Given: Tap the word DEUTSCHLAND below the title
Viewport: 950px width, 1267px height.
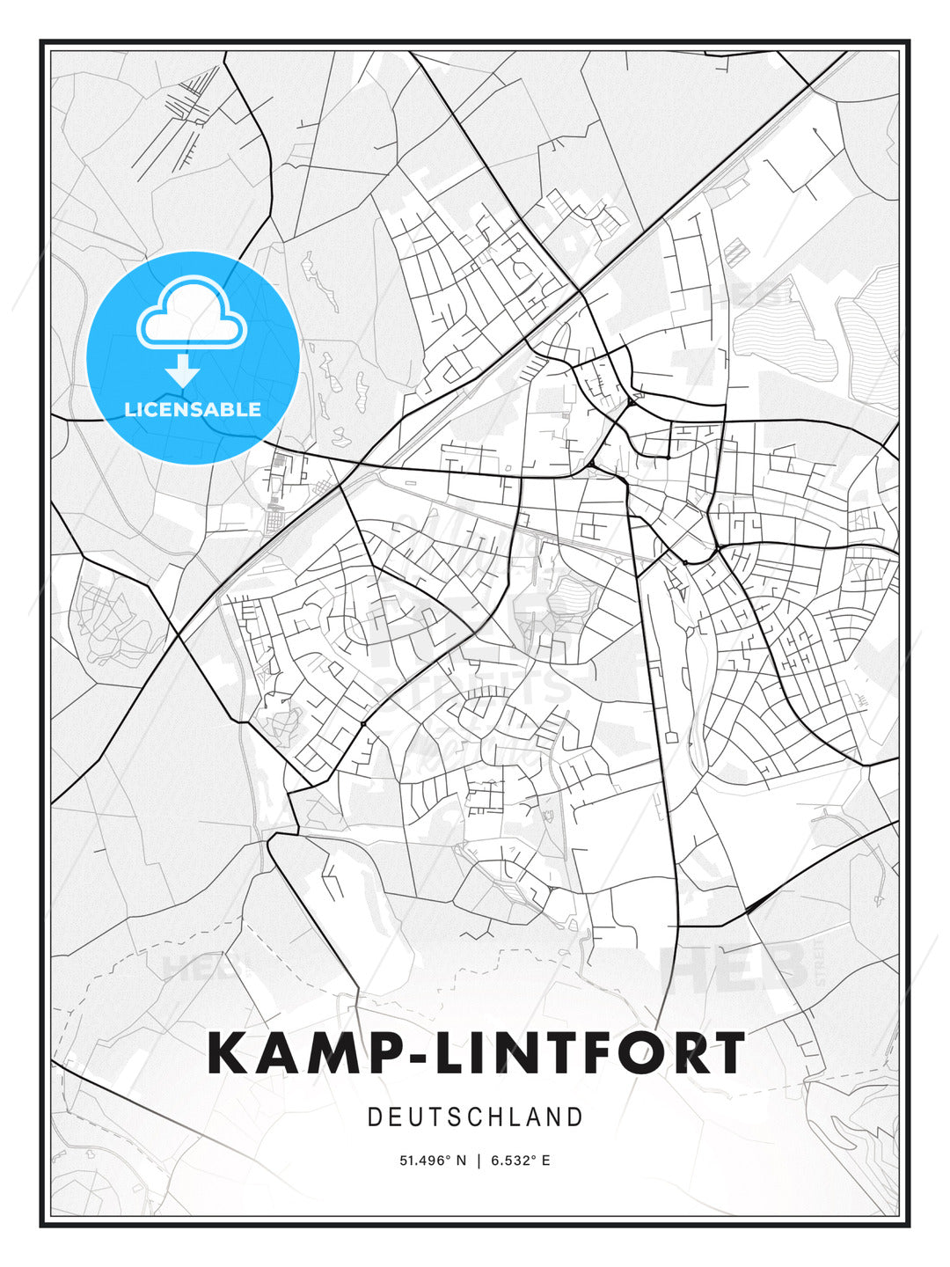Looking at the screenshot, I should (x=475, y=1117).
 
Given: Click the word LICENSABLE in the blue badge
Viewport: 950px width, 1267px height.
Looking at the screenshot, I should (x=193, y=409).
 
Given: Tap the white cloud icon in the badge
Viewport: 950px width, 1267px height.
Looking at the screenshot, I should (x=191, y=314).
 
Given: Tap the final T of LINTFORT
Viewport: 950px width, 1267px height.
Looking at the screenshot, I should (x=727, y=1054).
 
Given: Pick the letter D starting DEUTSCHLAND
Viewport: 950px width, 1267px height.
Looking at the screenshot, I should (x=374, y=1117).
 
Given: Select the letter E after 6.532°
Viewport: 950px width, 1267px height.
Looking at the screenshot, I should (x=546, y=1161).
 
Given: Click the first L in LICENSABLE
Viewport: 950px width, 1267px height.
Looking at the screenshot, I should (x=129, y=409).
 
